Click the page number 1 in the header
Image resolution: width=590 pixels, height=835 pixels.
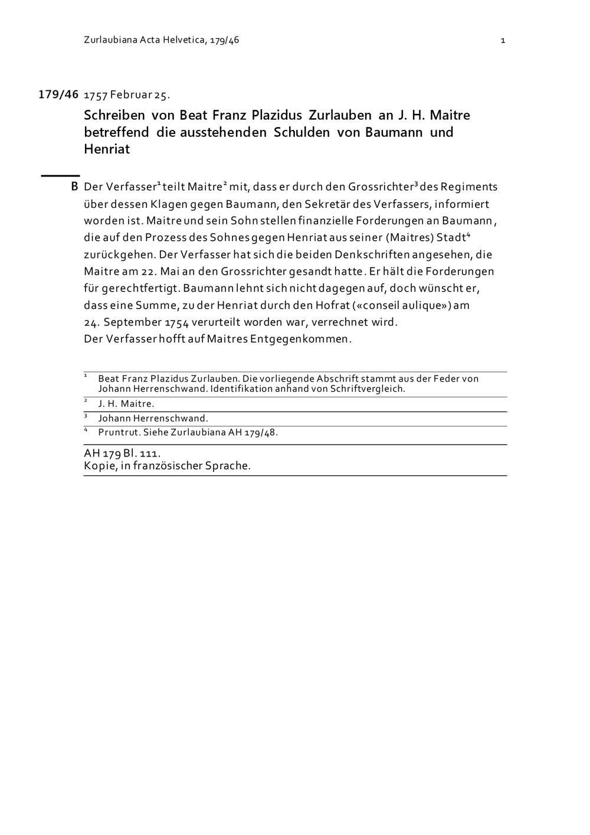point(503,41)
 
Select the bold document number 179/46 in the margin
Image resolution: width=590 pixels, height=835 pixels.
point(58,94)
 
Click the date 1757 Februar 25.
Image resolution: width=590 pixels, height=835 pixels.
point(127,95)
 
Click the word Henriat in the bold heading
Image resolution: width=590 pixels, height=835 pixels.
point(107,149)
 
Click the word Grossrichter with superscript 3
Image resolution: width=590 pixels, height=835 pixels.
point(381,187)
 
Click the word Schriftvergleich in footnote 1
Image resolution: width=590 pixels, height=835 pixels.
point(367,389)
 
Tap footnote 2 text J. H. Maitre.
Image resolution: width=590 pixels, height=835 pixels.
point(126,404)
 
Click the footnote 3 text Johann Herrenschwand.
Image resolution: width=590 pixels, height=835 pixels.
point(153,419)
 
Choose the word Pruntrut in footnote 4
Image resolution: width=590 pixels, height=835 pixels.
point(115,432)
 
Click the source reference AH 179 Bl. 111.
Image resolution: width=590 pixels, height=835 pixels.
point(122,453)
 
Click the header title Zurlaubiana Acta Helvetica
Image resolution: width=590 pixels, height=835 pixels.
point(145,41)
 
